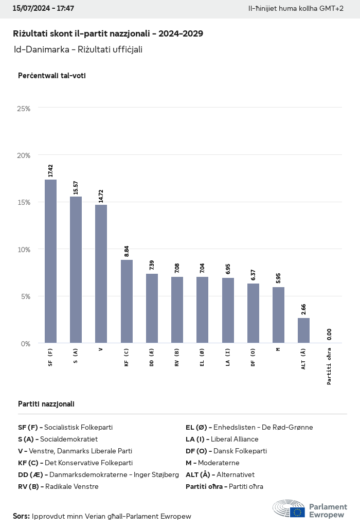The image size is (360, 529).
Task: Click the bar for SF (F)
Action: click(x=50, y=261)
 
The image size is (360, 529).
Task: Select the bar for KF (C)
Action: click(x=127, y=301)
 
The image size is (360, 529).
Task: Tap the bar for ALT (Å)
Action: click(x=304, y=330)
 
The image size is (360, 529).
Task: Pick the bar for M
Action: click(x=278, y=315)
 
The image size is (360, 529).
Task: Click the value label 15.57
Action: click(x=76, y=187)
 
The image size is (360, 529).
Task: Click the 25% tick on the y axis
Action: click(x=24, y=109)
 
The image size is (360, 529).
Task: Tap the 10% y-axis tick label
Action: click(x=24, y=250)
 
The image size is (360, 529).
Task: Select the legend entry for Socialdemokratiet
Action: click(x=58, y=439)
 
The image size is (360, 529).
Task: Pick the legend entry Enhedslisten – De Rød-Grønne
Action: click(x=249, y=427)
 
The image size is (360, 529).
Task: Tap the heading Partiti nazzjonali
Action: click(x=46, y=404)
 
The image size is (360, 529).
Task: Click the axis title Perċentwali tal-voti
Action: click(x=51, y=76)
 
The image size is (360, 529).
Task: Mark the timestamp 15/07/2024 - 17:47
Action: click(x=43, y=9)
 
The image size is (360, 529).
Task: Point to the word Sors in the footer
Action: click(x=21, y=516)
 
